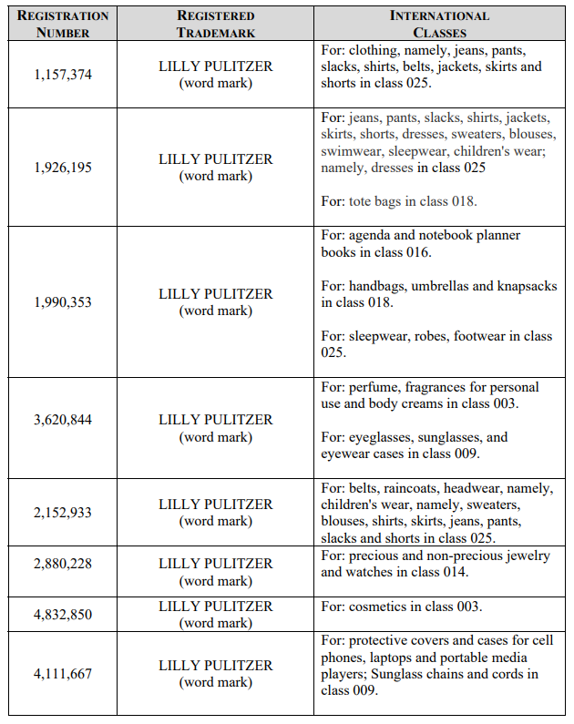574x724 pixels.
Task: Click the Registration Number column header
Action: tap(63, 24)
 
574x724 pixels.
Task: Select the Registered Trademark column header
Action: tap(215, 24)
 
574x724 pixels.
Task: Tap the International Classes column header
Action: tap(439, 24)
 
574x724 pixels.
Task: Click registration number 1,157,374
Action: tap(63, 75)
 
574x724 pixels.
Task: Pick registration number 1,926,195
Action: tap(63, 168)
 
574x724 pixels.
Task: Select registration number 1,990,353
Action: tap(63, 302)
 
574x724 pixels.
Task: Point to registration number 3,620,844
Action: tap(63, 420)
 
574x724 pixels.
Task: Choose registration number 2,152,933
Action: tap(63, 513)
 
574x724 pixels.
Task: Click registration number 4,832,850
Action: tap(63, 615)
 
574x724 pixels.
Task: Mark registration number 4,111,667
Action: tap(63, 674)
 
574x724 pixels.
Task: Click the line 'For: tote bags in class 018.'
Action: tap(398, 201)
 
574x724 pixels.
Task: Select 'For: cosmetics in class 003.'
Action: tap(402, 607)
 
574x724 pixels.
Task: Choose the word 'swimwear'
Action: tap(349, 151)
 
